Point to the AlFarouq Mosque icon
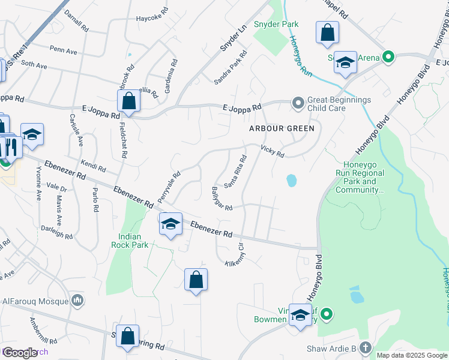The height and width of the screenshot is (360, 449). point(77,299)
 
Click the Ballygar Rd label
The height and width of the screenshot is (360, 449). point(221,200)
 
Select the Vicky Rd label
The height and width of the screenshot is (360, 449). point(272,151)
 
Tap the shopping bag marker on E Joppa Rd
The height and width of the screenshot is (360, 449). point(129,100)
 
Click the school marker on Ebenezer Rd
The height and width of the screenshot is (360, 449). point(171,224)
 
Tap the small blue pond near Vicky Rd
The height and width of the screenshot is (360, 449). point(291,180)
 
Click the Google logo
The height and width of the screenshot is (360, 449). point(20,353)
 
